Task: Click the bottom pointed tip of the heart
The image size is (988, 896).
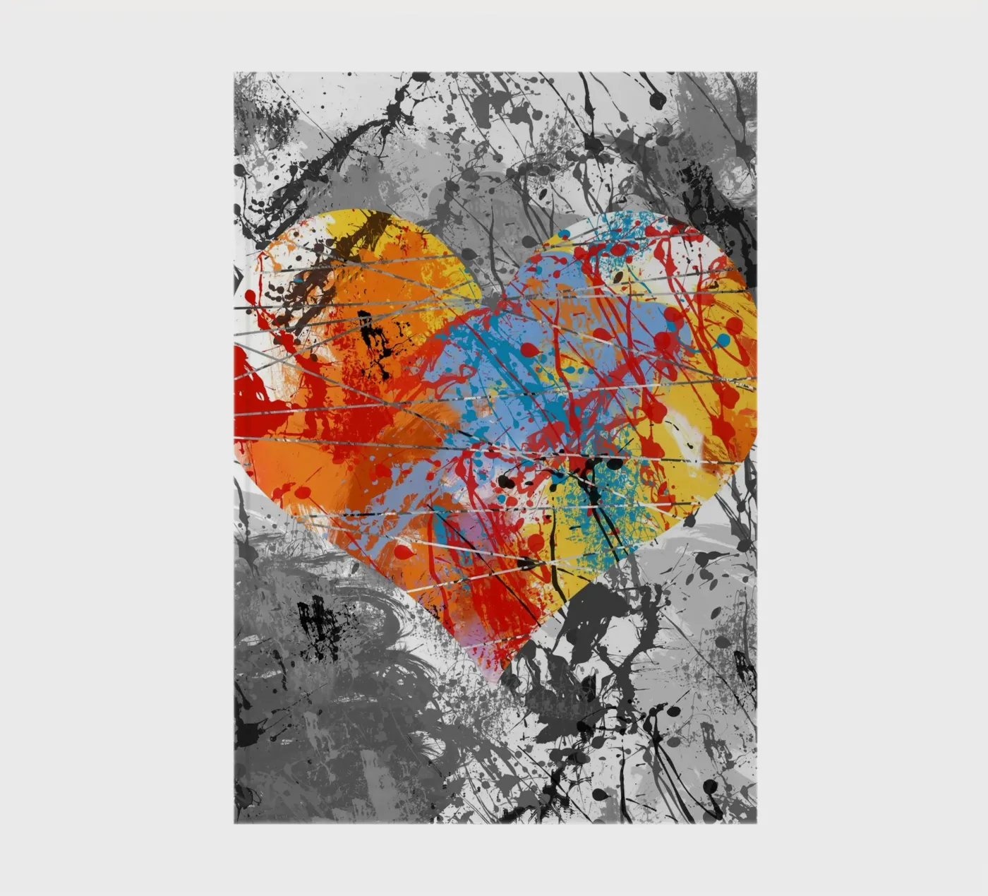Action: click(499, 679)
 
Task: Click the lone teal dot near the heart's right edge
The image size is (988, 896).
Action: click(723, 340)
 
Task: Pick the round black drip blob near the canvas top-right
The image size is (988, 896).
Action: click(657, 101)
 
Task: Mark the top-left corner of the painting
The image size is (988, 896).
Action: click(235, 72)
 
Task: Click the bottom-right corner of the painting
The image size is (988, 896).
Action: click(756, 823)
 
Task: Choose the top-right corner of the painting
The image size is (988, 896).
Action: click(756, 72)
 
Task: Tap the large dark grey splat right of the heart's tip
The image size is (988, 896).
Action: click(593, 621)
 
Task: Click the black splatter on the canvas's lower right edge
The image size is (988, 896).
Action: click(745, 667)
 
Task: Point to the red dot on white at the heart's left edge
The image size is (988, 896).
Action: click(250, 297)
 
